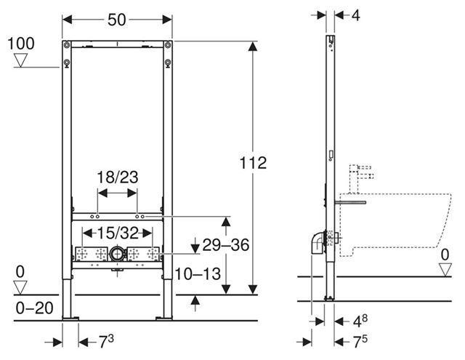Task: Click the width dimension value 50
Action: coord(116,20)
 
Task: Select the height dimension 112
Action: coord(253,163)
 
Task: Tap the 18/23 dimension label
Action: coord(118,177)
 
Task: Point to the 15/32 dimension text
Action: coord(118,233)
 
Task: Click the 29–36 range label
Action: coord(226,245)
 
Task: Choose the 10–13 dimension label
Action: coord(198,273)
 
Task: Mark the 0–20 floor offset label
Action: coord(34,308)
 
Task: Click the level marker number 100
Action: coord(21,44)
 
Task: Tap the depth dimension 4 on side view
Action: coord(356,15)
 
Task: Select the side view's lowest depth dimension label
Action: coord(360,342)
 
